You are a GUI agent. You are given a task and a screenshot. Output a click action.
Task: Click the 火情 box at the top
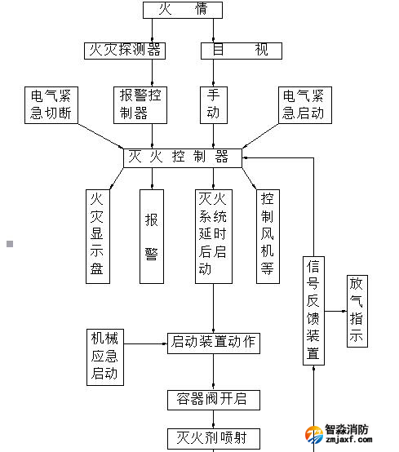click(x=182, y=10)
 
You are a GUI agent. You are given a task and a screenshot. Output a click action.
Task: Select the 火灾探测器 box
click(x=125, y=50)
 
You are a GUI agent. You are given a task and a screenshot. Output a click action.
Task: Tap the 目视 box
click(x=241, y=50)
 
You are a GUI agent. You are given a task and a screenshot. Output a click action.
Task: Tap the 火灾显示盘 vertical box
click(x=98, y=236)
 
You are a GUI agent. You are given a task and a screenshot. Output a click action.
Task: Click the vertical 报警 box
click(x=152, y=236)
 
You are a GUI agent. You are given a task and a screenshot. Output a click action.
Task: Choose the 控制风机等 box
click(x=267, y=236)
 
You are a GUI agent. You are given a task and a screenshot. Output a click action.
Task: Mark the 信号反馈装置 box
click(x=313, y=311)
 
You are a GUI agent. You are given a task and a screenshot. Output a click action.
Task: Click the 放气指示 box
click(x=357, y=311)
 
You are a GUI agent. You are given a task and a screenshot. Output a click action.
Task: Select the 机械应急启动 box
click(x=104, y=357)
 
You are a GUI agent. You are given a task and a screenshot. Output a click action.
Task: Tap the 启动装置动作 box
click(x=214, y=342)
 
